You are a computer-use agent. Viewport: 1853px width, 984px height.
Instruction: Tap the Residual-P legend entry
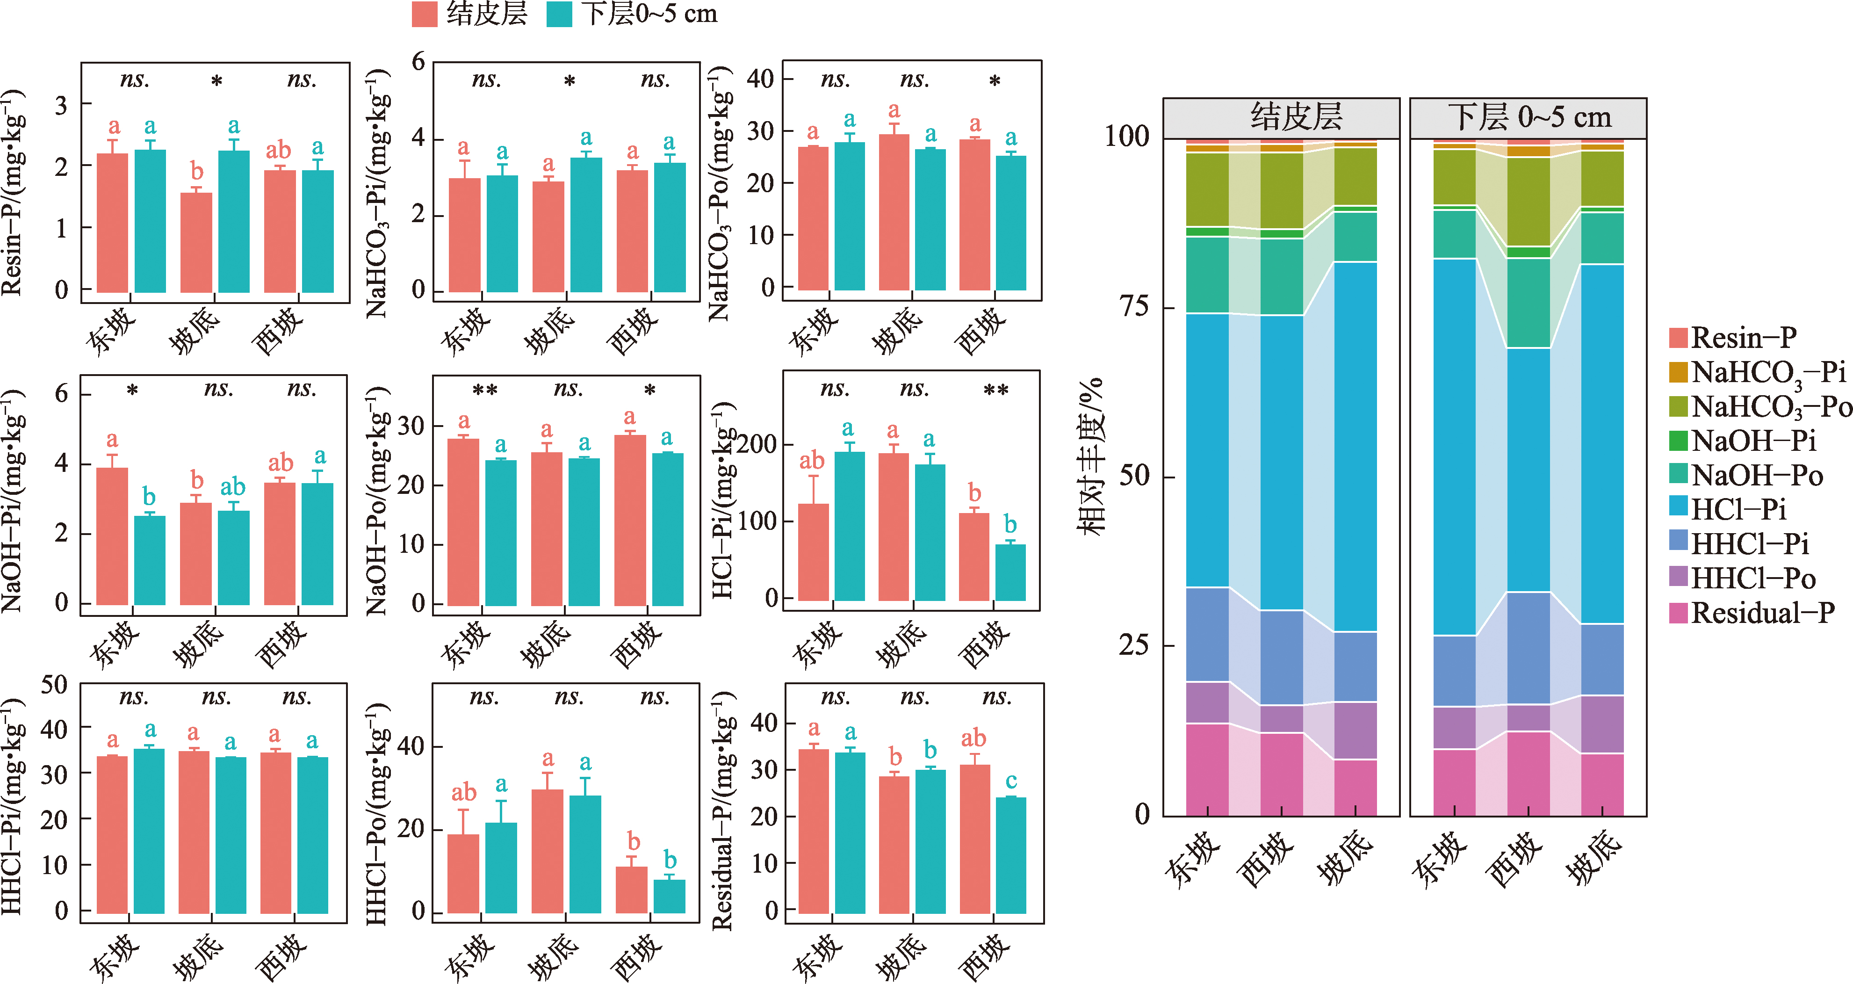coord(1752,613)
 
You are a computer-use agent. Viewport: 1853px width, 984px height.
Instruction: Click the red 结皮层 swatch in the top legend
coord(425,14)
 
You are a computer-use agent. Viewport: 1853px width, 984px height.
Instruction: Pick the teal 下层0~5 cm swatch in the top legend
coord(559,14)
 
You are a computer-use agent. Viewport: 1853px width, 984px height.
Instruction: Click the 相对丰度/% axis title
coord(1090,457)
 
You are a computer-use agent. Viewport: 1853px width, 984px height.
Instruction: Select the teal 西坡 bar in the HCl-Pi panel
coord(1010,572)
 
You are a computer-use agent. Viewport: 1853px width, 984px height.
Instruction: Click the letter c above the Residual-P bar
coord(1010,781)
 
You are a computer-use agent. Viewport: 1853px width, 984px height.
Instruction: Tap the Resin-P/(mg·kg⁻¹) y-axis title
coord(12,193)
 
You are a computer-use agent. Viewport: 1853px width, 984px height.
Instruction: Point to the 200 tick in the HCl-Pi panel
coord(757,444)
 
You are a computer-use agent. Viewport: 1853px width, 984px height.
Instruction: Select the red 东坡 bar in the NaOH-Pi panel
coord(112,536)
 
